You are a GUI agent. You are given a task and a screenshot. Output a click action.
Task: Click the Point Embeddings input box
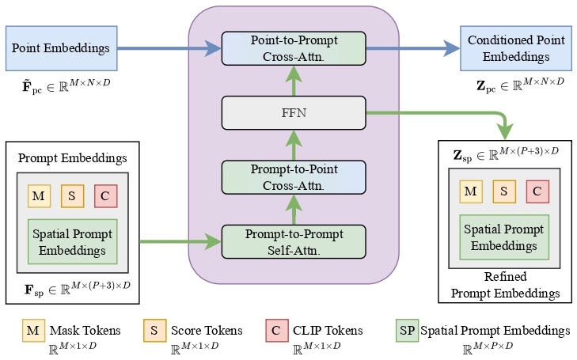[x=61, y=49]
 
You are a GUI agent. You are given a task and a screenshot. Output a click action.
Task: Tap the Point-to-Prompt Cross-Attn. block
[x=294, y=48]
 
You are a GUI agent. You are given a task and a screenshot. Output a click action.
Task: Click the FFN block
[x=294, y=112]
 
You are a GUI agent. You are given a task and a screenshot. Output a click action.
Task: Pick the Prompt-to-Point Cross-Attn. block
[x=294, y=177]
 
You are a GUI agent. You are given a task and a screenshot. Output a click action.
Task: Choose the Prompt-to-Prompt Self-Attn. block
[x=294, y=241]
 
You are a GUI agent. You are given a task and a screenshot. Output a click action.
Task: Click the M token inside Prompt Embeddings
[x=38, y=196]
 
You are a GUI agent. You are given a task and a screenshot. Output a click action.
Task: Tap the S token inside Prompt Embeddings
[x=71, y=196]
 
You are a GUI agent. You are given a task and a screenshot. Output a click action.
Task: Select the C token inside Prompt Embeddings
[x=105, y=196]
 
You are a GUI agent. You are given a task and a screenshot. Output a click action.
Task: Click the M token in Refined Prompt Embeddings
[x=470, y=191]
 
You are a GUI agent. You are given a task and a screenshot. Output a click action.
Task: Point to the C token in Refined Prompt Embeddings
[x=537, y=191]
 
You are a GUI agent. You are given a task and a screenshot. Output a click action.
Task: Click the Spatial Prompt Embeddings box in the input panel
[x=72, y=241]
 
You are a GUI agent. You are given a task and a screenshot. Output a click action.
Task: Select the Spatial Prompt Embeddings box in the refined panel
[x=504, y=236]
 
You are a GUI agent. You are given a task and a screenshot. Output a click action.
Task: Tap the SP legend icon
[x=406, y=331]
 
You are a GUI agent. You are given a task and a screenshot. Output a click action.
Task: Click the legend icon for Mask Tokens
[x=33, y=331]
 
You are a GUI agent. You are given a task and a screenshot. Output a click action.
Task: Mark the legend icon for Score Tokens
[x=154, y=331]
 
